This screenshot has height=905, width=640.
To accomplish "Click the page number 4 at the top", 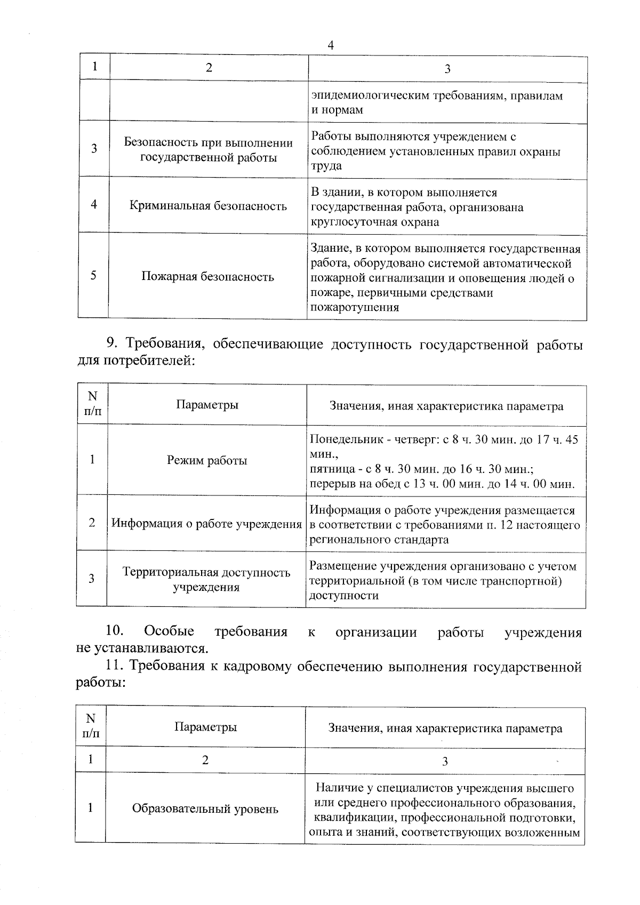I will pos(330,46).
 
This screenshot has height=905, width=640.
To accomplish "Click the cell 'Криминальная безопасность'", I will pos(208,206).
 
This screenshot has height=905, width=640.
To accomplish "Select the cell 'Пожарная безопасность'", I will pos(207,277).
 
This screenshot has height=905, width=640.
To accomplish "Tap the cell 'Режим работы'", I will pos(207,461).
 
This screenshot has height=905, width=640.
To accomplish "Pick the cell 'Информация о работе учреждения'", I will pos(206,524).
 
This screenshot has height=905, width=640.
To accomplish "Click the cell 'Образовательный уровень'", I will pos(205,809).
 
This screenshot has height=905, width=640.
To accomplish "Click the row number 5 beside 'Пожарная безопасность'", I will pos(93,276).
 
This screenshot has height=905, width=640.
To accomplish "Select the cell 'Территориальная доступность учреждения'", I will pos(206,580).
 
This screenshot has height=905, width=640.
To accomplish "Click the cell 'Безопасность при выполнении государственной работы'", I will pos(209,150).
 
